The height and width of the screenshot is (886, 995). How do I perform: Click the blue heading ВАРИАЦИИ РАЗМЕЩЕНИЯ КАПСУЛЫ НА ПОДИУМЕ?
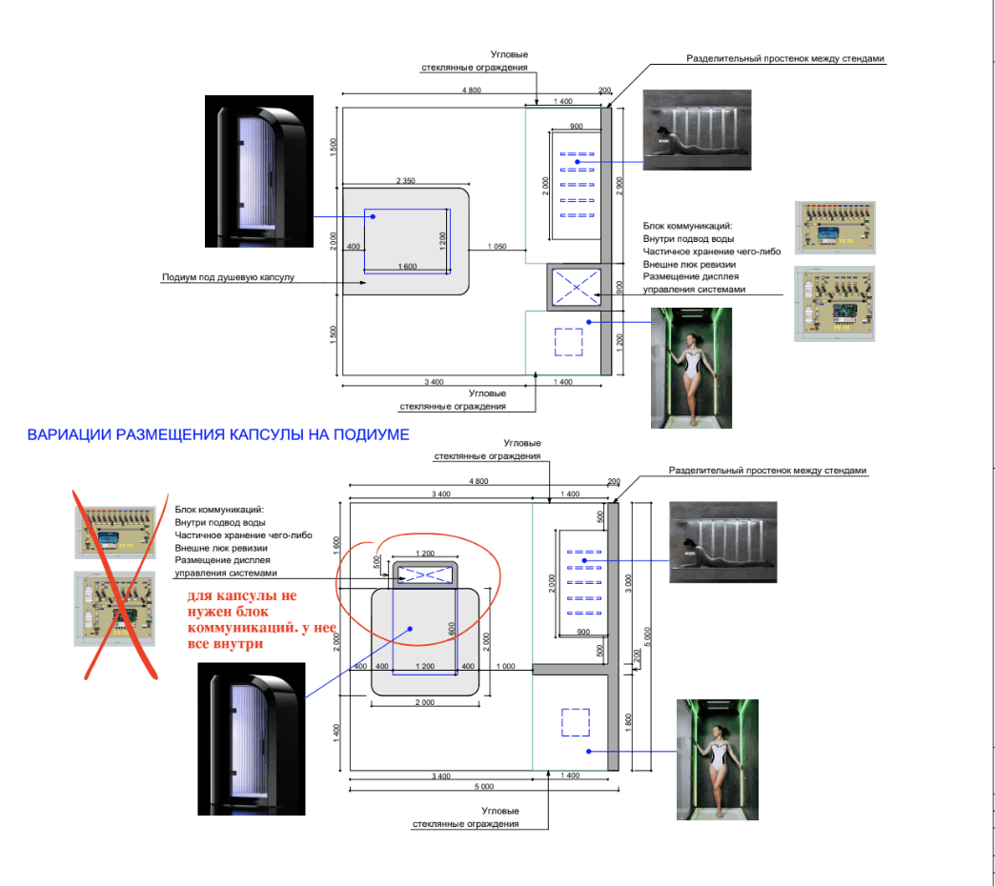(219, 435)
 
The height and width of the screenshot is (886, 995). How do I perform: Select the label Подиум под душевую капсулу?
(229, 278)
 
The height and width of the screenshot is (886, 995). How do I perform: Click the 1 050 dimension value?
(496, 247)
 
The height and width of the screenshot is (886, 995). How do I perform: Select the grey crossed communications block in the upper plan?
(574, 287)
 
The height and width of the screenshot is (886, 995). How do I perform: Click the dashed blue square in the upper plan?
(568, 342)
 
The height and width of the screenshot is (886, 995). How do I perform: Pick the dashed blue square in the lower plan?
(575, 722)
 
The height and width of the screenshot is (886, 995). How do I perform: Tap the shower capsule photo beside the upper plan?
(258, 171)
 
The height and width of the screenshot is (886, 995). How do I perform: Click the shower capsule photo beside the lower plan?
(253, 739)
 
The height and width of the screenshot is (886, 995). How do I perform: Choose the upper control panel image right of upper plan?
(836, 227)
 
